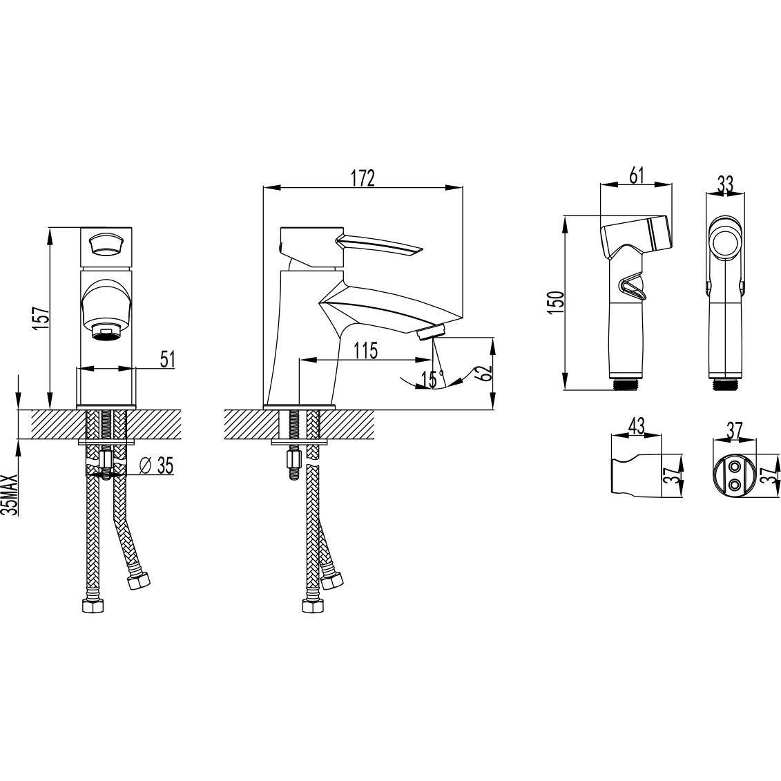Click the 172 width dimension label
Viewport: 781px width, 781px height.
pos(363,178)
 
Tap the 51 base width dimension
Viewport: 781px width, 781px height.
pos(167,359)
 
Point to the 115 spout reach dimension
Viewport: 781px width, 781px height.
pos(366,351)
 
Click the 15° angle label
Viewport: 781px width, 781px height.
pos(432,380)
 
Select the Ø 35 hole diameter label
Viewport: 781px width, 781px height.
pos(156,465)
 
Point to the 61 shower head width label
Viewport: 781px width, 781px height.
pos(637,175)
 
